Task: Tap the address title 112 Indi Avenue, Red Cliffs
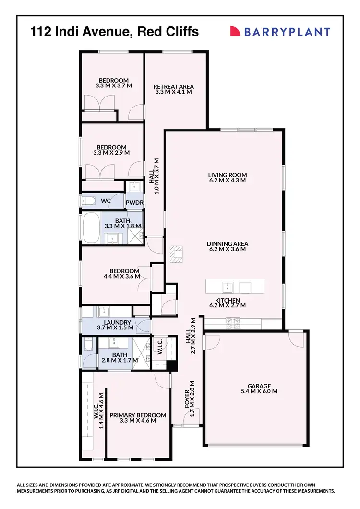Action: click(114, 32)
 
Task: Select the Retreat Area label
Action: click(174, 86)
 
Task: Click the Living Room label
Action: click(227, 175)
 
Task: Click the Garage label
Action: click(259, 386)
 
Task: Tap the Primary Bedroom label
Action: click(138, 415)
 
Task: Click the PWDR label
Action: click(135, 203)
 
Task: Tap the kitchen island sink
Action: click(227, 287)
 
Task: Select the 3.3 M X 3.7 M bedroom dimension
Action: click(114, 85)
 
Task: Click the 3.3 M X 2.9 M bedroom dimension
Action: click(111, 153)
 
